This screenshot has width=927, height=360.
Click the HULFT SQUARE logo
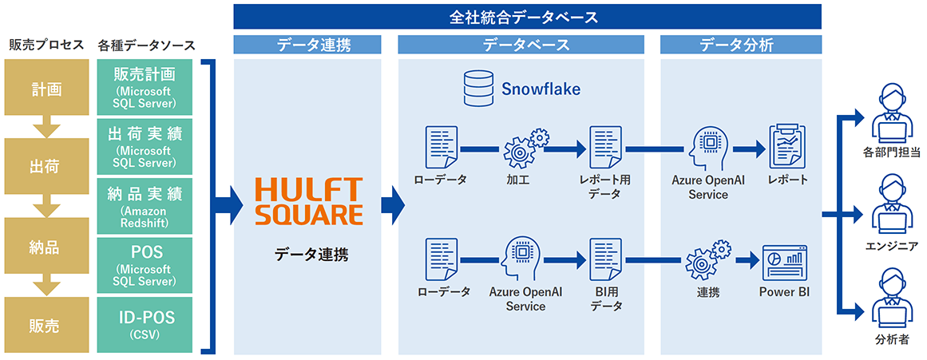(308, 200)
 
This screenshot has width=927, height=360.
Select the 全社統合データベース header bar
(527, 16)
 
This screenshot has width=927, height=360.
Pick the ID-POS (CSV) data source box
(145, 325)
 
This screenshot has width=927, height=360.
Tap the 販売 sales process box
(45, 326)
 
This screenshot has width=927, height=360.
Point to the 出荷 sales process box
(45, 167)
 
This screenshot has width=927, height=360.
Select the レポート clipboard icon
(785, 146)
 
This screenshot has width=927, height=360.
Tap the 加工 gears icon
(525, 148)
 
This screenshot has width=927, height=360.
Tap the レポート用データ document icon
(604, 148)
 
